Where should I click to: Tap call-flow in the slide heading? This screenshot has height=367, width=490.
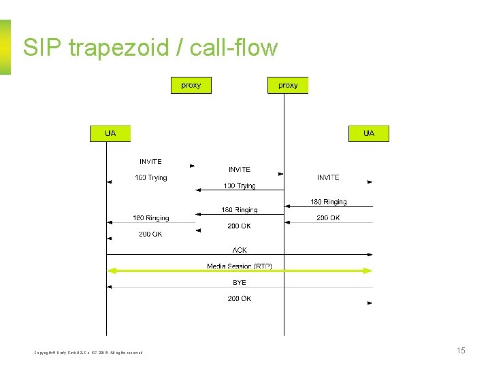tap(234, 48)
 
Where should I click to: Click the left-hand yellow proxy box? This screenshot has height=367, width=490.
tap(191, 85)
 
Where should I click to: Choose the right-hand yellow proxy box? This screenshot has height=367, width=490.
tap(288, 85)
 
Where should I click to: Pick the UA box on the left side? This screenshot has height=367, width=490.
tap(110, 133)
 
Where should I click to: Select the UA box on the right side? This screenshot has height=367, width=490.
tap(369, 133)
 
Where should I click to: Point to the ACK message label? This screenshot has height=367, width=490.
tap(240, 250)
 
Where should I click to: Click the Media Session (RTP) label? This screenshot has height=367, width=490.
tap(240, 266)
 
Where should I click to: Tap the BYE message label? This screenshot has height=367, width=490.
tap(240, 282)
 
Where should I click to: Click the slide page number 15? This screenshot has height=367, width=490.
tap(461, 351)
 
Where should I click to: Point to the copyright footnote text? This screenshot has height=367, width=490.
tap(89, 352)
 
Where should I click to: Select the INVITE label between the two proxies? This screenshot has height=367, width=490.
tap(240, 169)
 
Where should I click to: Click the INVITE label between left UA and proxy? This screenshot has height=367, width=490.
tap(150, 161)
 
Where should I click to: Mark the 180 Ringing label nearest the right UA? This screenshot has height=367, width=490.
tap(329, 202)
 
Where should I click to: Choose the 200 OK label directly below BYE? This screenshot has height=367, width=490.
tap(240, 298)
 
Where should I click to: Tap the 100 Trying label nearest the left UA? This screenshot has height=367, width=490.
tap(150, 177)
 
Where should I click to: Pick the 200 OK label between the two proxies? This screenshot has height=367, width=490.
tap(240, 226)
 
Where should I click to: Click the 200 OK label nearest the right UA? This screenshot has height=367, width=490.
tap(328, 217)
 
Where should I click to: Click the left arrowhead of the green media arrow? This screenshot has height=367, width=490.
tap(111, 270)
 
